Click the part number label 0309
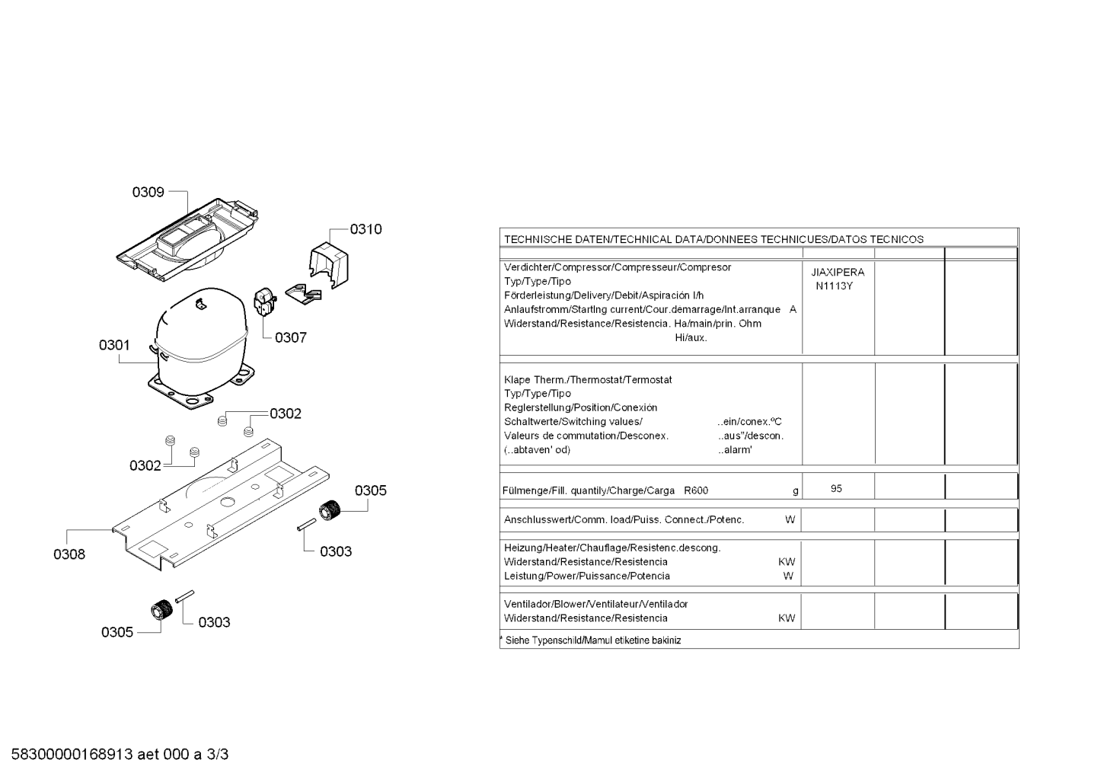(x=148, y=192)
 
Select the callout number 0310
(x=365, y=229)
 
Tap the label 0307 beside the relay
(x=291, y=338)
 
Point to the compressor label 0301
(x=114, y=345)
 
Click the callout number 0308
(x=69, y=554)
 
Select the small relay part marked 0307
(x=265, y=302)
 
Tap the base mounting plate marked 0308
(x=221, y=505)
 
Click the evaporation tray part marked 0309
(x=187, y=240)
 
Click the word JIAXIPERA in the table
(x=838, y=273)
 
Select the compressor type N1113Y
(x=835, y=286)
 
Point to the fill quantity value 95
(x=836, y=489)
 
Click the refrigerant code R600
(x=696, y=490)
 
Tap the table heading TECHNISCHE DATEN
(x=557, y=240)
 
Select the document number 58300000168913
(x=72, y=755)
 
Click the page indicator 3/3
(x=218, y=755)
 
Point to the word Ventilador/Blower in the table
(x=544, y=605)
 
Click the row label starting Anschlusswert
(x=624, y=520)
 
